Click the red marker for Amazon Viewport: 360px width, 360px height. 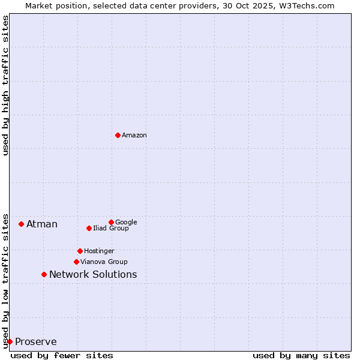click(x=118, y=135)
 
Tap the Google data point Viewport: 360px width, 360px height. click(x=111, y=222)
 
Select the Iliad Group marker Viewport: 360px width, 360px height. click(x=89, y=228)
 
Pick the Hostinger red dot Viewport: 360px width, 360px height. click(x=80, y=251)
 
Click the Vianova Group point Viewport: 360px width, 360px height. click(x=76, y=262)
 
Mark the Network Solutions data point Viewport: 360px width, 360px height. click(x=44, y=274)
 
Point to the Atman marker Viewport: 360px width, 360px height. click(x=21, y=224)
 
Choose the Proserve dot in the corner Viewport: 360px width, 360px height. click(x=10, y=341)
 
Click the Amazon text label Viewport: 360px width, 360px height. click(x=134, y=136)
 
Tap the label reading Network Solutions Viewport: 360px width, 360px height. click(x=93, y=275)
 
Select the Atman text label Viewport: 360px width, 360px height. click(x=42, y=224)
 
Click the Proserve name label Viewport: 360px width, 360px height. click(x=36, y=342)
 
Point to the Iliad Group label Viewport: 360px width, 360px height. click(x=111, y=229)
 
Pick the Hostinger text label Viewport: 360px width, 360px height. click(x=99, y=251)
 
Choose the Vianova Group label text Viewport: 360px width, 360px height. click(x=104, y=262)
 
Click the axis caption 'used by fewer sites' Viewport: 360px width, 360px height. click(x=62, y=355)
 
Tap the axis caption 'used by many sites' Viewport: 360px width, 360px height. click(x=301, y=355)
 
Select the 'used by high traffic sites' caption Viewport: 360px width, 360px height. click(x=6, y=85)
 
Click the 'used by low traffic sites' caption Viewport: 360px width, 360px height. click(x=6, y=280)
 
